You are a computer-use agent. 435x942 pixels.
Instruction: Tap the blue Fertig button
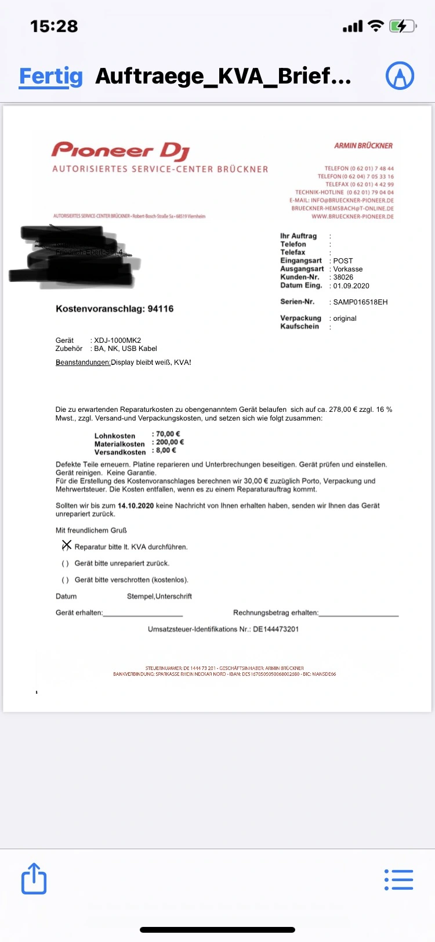coord(51,76)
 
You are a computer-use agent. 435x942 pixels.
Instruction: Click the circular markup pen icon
coord(400,75)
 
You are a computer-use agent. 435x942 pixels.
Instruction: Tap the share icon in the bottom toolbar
coord(34,879)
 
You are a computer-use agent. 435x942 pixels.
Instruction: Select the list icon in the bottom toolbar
coord(399,879)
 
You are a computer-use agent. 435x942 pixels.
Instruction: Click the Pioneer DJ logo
coord(121,151)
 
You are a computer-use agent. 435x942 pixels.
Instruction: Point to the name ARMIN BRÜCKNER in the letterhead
coord(363,146)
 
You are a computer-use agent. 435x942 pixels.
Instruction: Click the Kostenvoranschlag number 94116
coord(161,309)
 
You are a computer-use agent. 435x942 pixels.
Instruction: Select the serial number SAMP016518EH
coord(360,302)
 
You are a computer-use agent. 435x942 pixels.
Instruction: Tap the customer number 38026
coord(343,277)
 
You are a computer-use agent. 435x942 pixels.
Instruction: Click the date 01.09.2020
coord(351,286)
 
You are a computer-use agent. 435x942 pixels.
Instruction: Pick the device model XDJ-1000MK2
coord(117,340)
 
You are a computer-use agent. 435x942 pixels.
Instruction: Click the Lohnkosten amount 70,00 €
coord(168,434)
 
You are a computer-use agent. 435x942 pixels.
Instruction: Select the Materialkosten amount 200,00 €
coord(170,442)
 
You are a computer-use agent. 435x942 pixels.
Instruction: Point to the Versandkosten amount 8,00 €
coord(166,450)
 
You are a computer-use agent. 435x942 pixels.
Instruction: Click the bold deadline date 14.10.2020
coord(136,506)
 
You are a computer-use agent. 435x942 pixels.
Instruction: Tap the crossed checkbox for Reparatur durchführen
coord(66,546)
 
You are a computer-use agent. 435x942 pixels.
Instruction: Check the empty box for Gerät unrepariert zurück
coord(65,563)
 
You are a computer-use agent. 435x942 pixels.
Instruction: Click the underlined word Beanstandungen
coord(83,363)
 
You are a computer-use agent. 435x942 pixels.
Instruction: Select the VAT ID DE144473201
coord(275,629)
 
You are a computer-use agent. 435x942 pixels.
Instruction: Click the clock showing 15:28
coord(54,26)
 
